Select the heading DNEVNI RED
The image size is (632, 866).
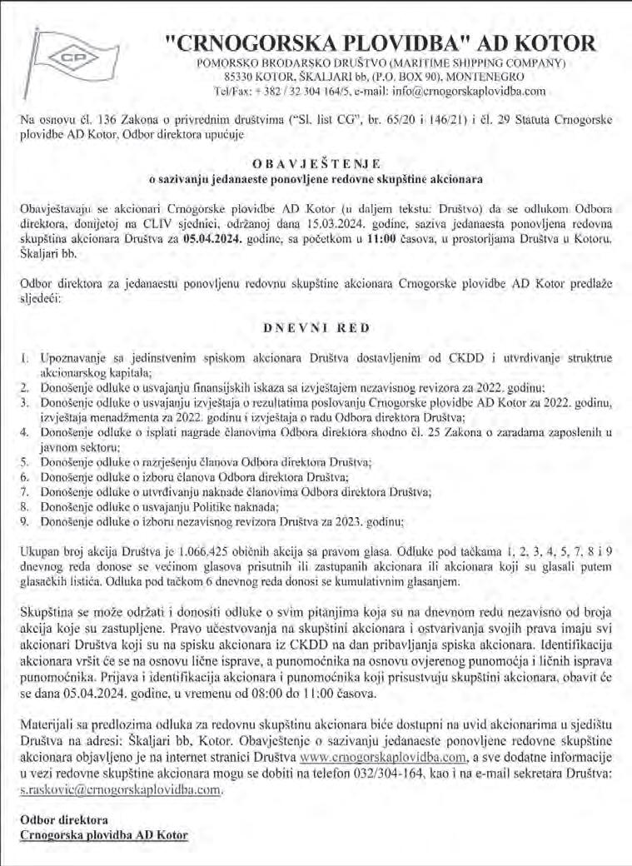[x=316, y=329]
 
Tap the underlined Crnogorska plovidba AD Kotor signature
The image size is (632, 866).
[x=103, y=834]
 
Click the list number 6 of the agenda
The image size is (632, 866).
[x=24, y=476]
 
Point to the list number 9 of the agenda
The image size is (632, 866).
[x=24, y=521]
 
